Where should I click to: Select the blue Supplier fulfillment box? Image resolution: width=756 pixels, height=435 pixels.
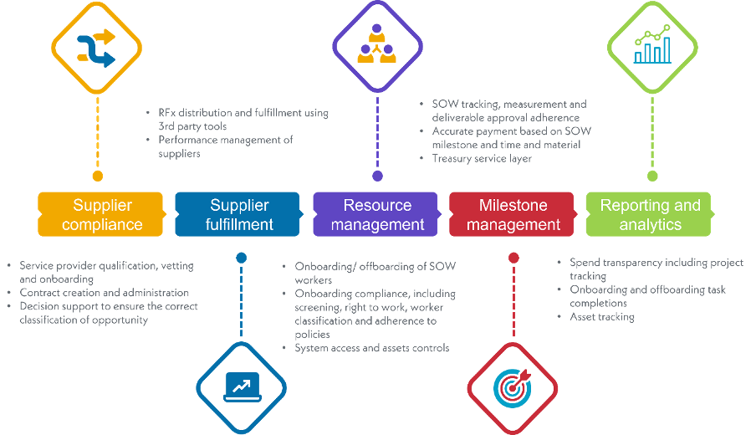click(x=239, y=215)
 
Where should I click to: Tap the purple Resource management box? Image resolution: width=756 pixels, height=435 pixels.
click(x=377, y=215)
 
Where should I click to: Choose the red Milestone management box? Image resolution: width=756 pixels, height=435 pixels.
click(x=513, y=215)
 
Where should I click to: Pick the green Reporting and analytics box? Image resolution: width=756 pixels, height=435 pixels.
click(x=650, y=215)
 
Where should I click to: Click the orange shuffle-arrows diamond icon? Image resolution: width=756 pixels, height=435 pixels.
click(x=96, y=47)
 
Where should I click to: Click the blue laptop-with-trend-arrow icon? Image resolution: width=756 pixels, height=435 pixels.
click(x=242, y=387)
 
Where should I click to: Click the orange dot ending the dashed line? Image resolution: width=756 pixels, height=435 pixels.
click(x=97, y=177)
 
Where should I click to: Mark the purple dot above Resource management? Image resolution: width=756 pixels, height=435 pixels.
click(x=377, y=177)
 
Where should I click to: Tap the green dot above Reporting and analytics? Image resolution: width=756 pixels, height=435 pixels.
click(x=652, y=176)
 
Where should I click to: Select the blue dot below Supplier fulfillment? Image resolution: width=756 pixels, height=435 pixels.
click(x=242, y=258)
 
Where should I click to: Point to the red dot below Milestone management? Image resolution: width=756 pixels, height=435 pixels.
click(x=513, y=258)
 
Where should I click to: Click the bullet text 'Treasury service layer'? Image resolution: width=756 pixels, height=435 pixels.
click(x=481, y=158)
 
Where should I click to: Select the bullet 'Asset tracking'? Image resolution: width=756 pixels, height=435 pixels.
click(x=602, y=317)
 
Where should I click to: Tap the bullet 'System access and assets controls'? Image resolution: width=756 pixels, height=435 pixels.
click(x=372, y=348)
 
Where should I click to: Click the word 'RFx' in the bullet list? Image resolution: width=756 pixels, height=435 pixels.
click(x=166, y=113)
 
